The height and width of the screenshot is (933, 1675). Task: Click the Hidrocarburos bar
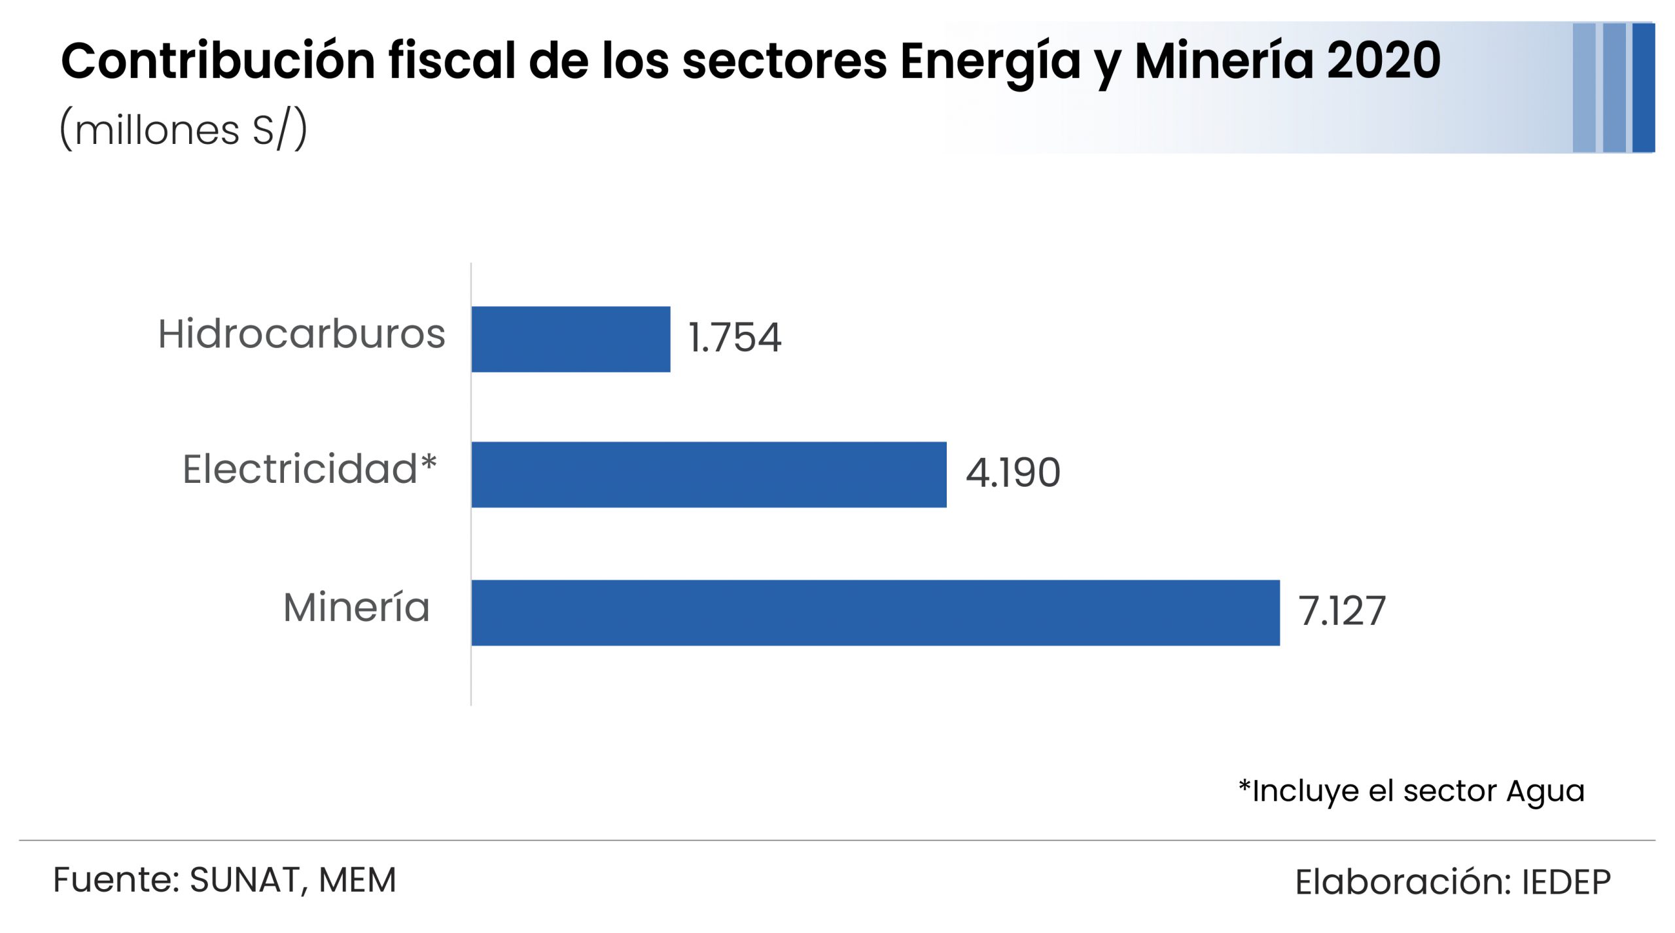click(571, 339)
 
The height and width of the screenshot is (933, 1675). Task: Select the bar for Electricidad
click(709, 474)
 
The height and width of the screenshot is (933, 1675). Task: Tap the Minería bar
click(875, 612)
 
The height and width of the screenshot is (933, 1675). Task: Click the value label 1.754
click(735, 338)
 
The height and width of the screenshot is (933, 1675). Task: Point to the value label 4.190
click(1013, 472)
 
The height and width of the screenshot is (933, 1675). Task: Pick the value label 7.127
click(1341, 611)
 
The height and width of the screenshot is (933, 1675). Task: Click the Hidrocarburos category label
click(302, 334)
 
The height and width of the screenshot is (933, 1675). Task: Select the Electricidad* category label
click(309, 469)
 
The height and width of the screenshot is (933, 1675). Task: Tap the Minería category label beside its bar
click(357, 607)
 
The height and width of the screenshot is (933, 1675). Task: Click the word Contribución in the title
click(218, 61)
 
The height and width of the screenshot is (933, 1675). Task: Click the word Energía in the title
click(990, 61)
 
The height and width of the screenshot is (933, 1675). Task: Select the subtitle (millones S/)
click(183, 129)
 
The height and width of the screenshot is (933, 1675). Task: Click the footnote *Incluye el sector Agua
click(1411, 791)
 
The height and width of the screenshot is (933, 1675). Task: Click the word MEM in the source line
click(357, 880)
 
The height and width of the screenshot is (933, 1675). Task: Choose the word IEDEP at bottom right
click(1566, 882)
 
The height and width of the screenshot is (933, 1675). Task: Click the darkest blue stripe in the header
click(1643, 88)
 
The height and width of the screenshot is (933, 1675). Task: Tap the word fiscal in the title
click(452, 61)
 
